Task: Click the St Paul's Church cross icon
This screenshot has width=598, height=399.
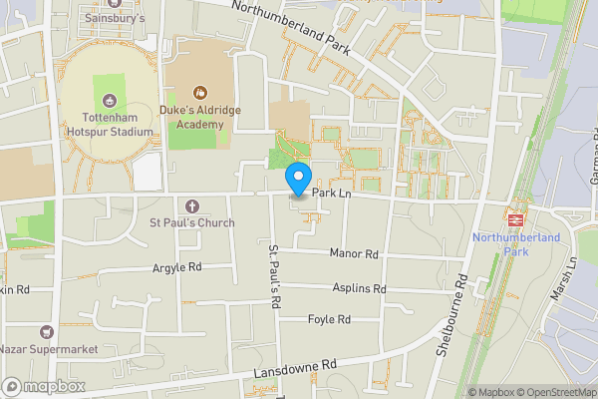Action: [192, 204]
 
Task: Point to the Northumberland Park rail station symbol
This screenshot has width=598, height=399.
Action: [516, 217]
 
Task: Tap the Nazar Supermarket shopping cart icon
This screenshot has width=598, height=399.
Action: [46, 331]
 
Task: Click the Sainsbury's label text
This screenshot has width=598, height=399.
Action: [115, 18]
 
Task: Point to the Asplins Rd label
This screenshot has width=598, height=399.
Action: [359, 288]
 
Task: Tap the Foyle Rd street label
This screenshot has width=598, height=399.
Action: [329, 320]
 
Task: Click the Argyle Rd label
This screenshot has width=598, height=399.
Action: [176, 267]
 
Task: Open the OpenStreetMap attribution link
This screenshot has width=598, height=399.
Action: [549, 392]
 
